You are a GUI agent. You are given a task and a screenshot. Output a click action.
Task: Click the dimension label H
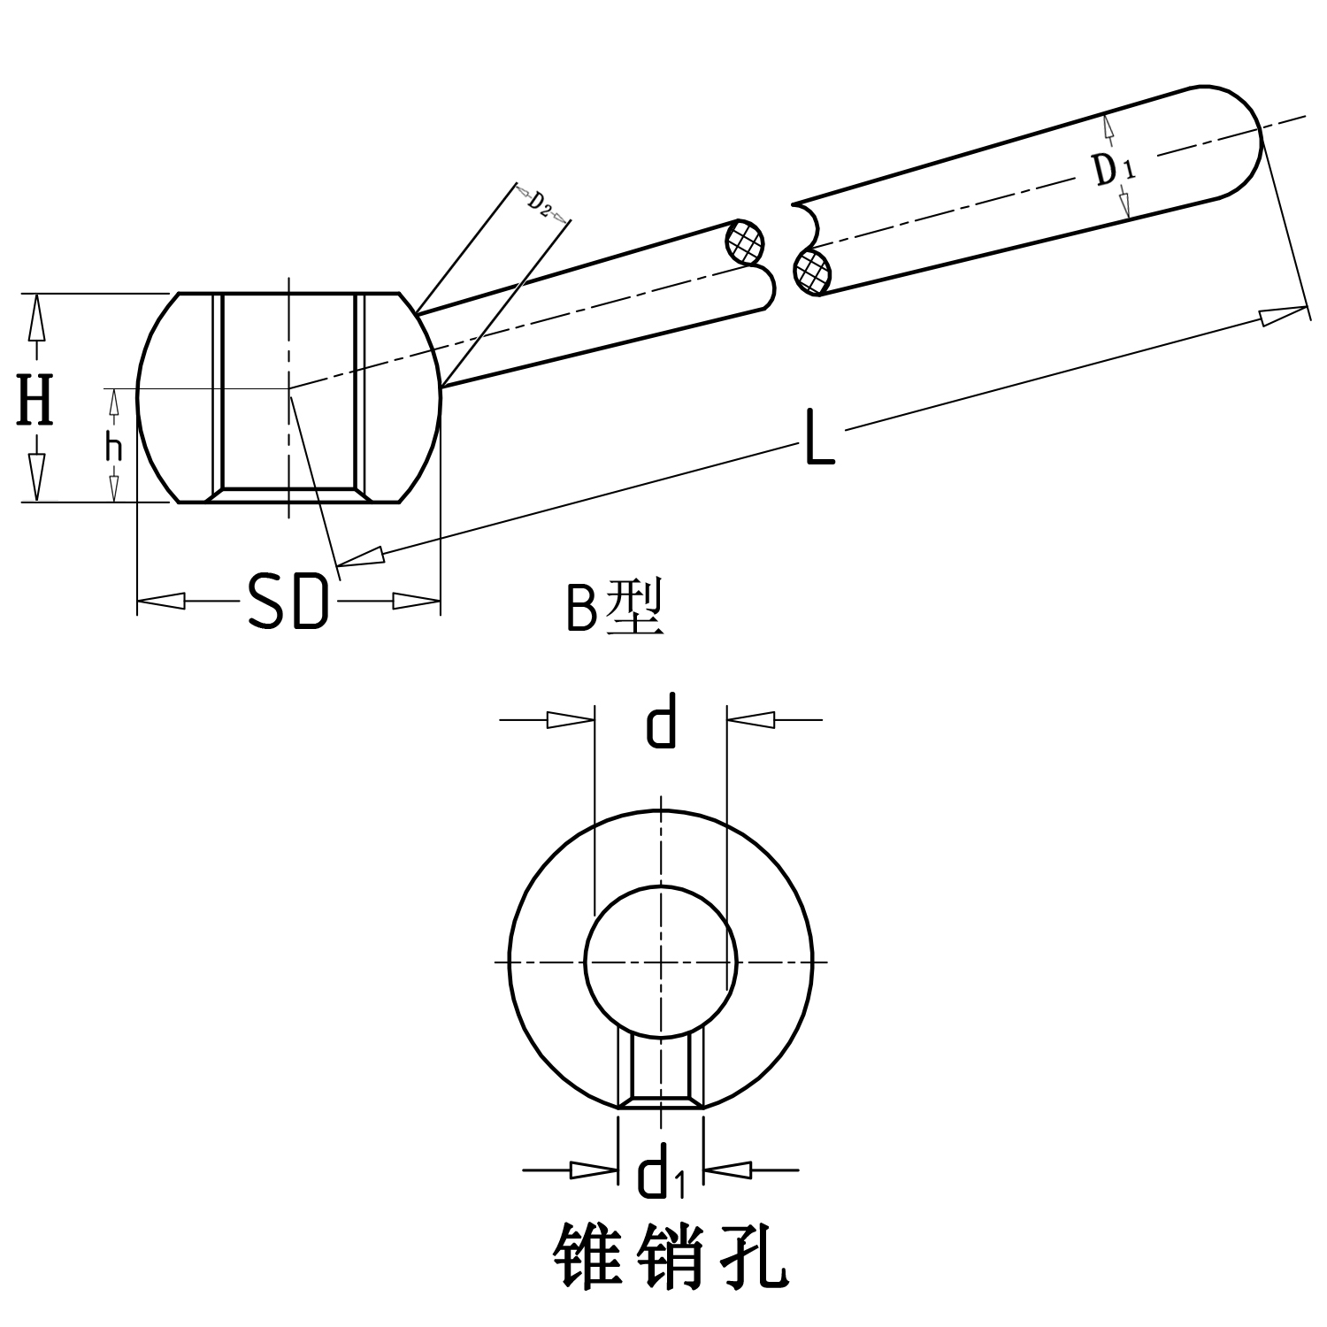pos(35,400)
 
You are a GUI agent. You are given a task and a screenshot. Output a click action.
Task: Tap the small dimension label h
pos(113,449)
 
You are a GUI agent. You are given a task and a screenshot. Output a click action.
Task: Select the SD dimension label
pos(288,602)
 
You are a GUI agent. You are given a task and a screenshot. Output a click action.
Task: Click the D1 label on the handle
pos(1111,169)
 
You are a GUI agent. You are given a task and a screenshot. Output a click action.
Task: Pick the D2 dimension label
pos(541,203)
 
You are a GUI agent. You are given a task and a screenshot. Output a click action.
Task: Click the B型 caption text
pos(614,609)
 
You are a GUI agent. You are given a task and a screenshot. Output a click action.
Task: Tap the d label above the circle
pos(661,721)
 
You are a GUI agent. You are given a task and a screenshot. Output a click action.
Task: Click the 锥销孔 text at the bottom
pos(670,1256)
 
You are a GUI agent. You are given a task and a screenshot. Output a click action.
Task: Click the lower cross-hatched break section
pos(812,271)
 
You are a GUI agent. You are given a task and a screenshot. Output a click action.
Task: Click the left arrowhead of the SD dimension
pos(161,601)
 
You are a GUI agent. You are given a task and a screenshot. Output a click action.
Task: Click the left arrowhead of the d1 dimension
pos(593,1170)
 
